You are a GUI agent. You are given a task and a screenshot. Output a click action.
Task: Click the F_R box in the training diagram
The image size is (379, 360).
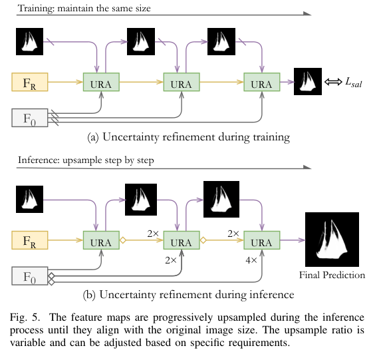click(x=30, y=83)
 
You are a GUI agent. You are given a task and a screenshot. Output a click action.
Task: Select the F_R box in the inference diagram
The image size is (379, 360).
click(x=30, y=240)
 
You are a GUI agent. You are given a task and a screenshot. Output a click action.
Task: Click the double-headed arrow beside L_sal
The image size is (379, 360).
click(x=332, y=83)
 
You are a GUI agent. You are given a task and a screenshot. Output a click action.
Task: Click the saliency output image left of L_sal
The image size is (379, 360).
click(x=307, y=83)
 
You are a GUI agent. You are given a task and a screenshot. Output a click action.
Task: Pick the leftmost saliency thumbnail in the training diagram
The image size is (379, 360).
click(x=30, y=43)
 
